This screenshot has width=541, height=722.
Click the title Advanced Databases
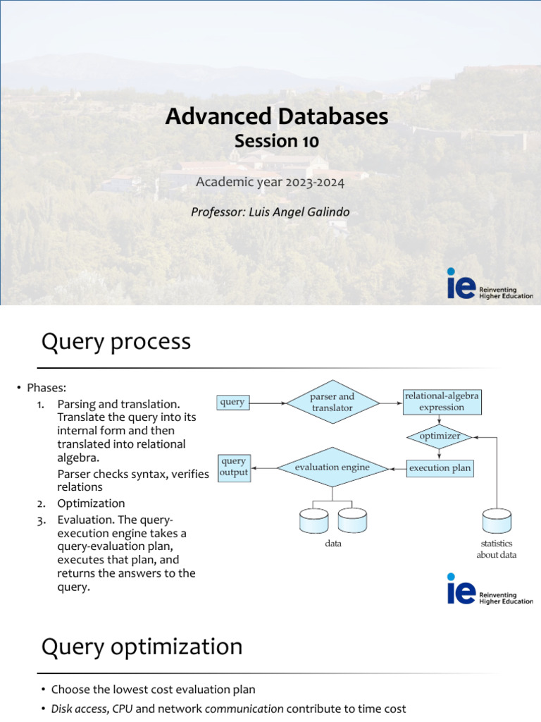(x=276, y=116)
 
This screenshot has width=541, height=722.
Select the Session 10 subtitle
(x=276, y=141)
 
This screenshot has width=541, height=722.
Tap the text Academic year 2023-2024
(x=270, y=183)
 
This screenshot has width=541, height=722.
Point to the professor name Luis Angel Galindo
(x=270, y=212)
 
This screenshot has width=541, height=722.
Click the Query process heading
(x=116, y=342)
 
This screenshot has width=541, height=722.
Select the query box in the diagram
(x=232, y=403)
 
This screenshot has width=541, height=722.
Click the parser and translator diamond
(x=332, y=403)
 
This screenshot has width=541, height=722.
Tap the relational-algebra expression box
(x=442, y=402)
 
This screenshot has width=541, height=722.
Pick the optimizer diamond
(x=440, y=436)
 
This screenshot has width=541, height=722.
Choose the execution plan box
(x=440, y=468)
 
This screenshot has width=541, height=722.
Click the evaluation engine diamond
(x=332, y=467)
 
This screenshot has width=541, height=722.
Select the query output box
(x=233, y=467)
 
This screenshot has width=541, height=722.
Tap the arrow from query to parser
(x=268, y=403)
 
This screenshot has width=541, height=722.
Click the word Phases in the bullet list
(x=46, y=388)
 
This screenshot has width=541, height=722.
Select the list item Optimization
(x=91, y=503)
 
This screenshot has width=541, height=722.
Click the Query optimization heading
(x=142, y=647)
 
